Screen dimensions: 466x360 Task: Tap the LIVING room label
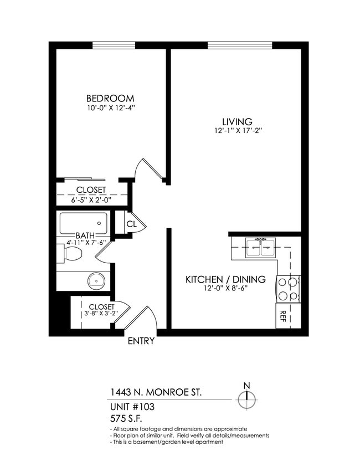(237, 122)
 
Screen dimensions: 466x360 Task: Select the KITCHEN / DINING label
(225, 279)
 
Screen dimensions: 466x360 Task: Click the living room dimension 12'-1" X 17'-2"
(237, 131)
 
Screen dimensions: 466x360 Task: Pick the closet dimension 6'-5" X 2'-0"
(91, 200)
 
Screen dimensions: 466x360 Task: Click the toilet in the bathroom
(72, 255)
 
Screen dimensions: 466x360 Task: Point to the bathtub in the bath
(86, 223)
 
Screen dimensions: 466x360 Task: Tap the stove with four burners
(287, 288)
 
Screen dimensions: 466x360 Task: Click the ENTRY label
(141, 341)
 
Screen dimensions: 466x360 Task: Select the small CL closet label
(132, 224)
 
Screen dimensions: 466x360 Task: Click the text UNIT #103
(132, 407)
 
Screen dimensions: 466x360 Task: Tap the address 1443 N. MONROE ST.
(156, 393)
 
